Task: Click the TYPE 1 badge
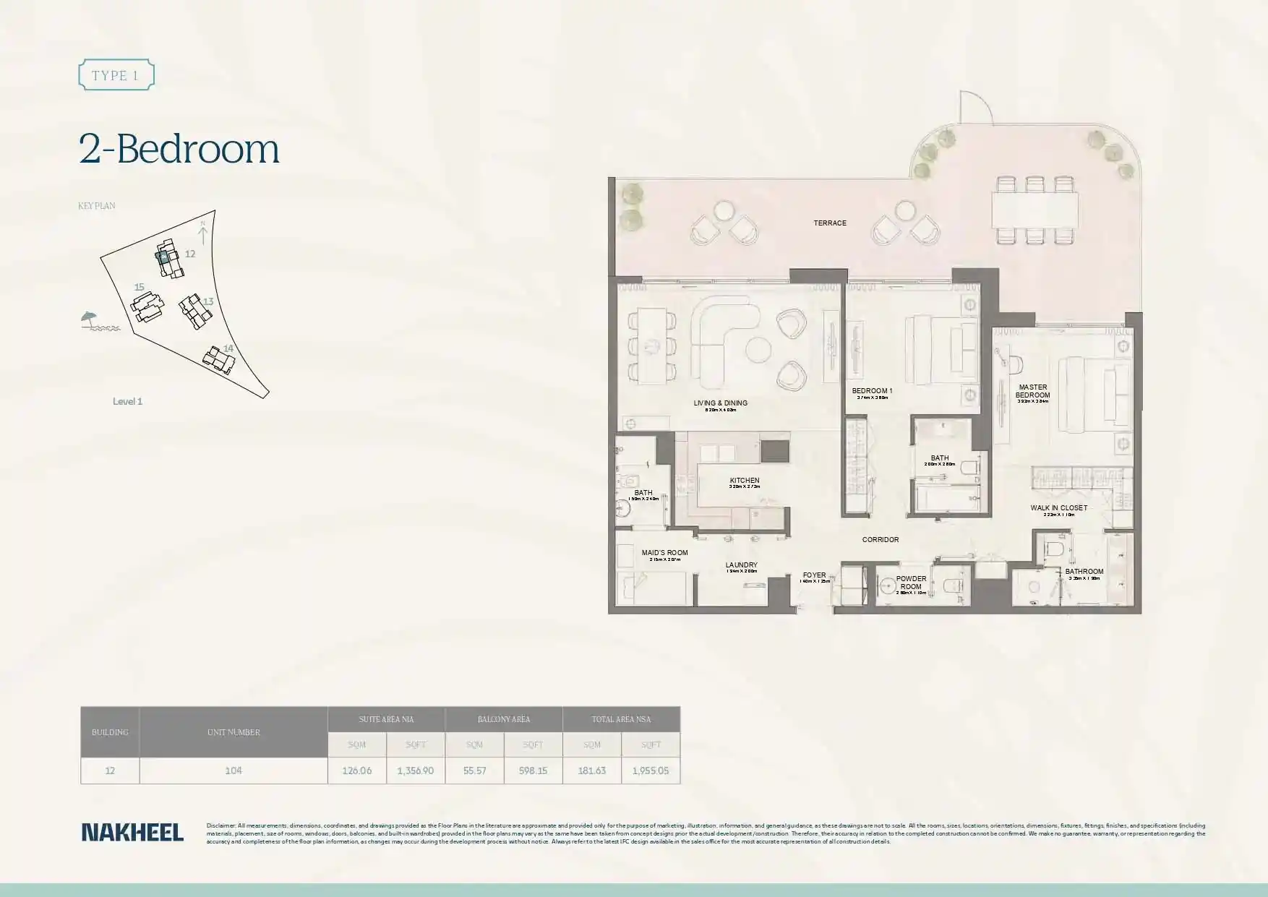[116, 75]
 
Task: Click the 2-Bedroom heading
[179, 149]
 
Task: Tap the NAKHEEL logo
[132, 832]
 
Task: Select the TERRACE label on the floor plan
[829, 223]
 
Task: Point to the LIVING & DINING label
[720, 403]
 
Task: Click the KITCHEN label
[744, 481]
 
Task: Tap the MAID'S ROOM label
[664, 553]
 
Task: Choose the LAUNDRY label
[741, 565]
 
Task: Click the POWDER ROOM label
[911, 583]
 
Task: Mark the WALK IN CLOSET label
[1058, 508]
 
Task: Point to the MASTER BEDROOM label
[1032, 391]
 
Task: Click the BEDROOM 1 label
[872, 391]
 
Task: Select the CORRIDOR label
[880, 540]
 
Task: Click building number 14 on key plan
[228, 348]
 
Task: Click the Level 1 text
[127, 402]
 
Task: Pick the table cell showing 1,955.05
[650, 771]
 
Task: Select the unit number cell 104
[233, 771]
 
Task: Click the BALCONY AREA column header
[503, 719]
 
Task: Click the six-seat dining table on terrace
[1034, 210]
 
